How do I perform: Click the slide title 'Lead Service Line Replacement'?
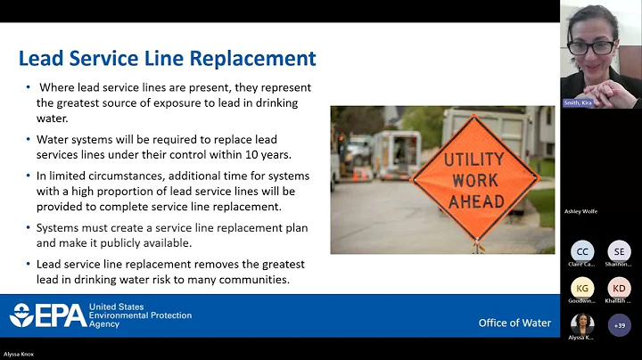tap(168, 59)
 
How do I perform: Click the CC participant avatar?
tap(582, 251)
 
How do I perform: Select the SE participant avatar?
tap(619, 251)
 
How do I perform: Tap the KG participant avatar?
tap(582, 288)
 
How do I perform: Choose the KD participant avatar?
tap(619, 288)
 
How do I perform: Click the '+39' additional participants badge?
tap(619, 325)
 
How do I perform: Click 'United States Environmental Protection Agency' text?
tap(140, 315)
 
